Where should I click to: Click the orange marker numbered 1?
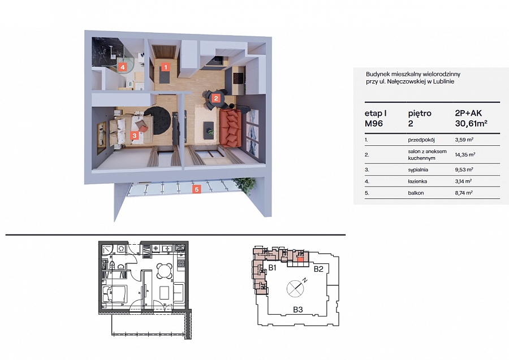pos(166,67)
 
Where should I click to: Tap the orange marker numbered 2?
pos(216,98)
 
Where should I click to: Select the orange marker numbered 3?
pos(135,136)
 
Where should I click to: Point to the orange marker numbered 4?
pos(122,67)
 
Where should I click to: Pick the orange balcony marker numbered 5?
pos(196,189)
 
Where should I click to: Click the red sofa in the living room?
pos(231,128)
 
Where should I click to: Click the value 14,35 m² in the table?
pos(465,155)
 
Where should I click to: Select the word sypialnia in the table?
pos(418,170)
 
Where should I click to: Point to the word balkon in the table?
pos(416,193)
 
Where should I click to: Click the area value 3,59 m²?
pos(464,140)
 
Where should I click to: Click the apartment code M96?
pos(374,124)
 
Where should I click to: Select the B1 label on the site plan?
pos(272,268)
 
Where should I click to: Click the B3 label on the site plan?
pos(297,310)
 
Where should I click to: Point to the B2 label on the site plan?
pos(318,269)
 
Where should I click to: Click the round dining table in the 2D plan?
pos(164,270)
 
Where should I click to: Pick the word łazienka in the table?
pos(417,181)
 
